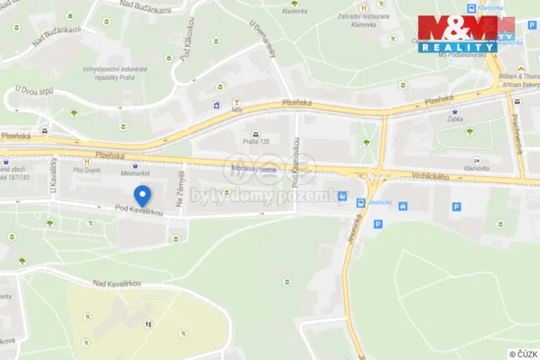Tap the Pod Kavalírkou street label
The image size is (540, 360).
pos(139,210)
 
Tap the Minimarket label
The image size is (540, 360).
pos(135,175)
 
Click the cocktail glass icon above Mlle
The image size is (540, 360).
pos(237,101)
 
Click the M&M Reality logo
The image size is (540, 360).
pos(466,34)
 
